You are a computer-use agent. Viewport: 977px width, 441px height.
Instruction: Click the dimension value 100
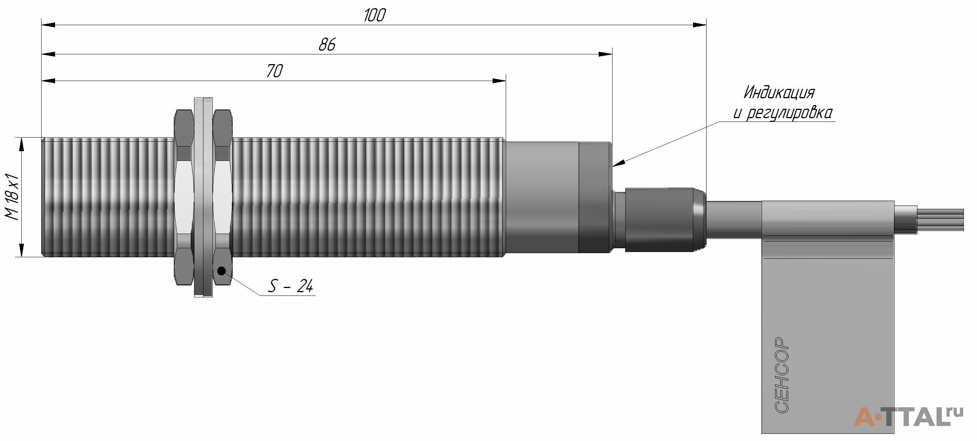(375, 15)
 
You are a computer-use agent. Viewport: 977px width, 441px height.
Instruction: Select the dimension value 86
(327, 45)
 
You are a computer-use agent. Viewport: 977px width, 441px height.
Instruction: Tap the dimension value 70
(275, 71)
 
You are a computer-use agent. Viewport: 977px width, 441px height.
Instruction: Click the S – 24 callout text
(291, 286)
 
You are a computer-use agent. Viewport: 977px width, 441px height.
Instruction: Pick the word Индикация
(780, 93)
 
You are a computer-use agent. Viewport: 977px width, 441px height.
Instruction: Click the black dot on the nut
(221, 271)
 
